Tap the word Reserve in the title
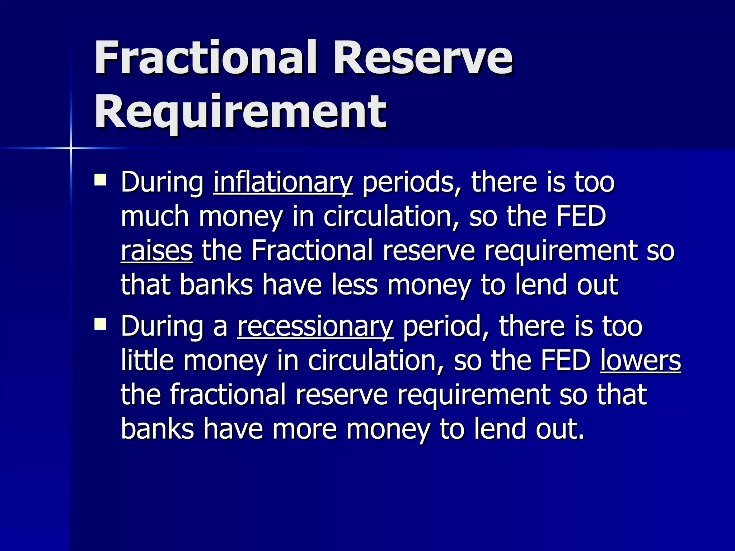click(x=423, y=57)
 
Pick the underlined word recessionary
click(x=315, y=326)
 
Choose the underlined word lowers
click(x=640, y=360)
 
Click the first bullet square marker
click(x=100, y=180)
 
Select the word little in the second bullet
click(x=147, y=360)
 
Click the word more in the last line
click(x=304, y=429)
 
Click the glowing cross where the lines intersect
click(x=71, y=148)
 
